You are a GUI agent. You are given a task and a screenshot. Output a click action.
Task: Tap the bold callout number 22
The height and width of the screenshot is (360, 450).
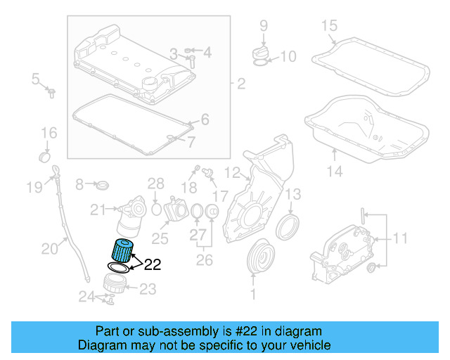(x=152, y=265)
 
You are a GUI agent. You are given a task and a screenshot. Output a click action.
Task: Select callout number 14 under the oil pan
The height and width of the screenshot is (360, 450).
(x=335, y=171)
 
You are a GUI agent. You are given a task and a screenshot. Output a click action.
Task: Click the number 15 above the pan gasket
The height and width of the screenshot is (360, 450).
(x=330, y=26)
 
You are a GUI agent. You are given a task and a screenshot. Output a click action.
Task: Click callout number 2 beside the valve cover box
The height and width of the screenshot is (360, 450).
(x=240, y=85)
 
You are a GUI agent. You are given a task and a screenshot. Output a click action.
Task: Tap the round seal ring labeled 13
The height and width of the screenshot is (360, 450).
(x=287, y=226)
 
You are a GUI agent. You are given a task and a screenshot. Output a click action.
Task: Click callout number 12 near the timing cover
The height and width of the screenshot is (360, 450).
(x=232, y=172)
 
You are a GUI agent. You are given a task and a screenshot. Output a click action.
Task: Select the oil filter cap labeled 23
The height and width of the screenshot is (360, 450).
(x=115, y=285)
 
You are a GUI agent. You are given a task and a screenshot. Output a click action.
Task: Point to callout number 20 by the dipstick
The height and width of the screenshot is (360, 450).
(x=49, y=247)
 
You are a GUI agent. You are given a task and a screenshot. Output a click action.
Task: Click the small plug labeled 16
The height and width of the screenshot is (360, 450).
(x=44, y=154)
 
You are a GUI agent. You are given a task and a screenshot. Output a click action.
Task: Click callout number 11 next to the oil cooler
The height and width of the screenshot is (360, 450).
(x=399, y=238)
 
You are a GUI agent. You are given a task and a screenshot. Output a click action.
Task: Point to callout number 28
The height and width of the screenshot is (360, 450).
(x=155, y=184)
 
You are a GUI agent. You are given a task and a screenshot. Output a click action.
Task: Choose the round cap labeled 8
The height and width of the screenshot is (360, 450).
(x=103, y=185)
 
